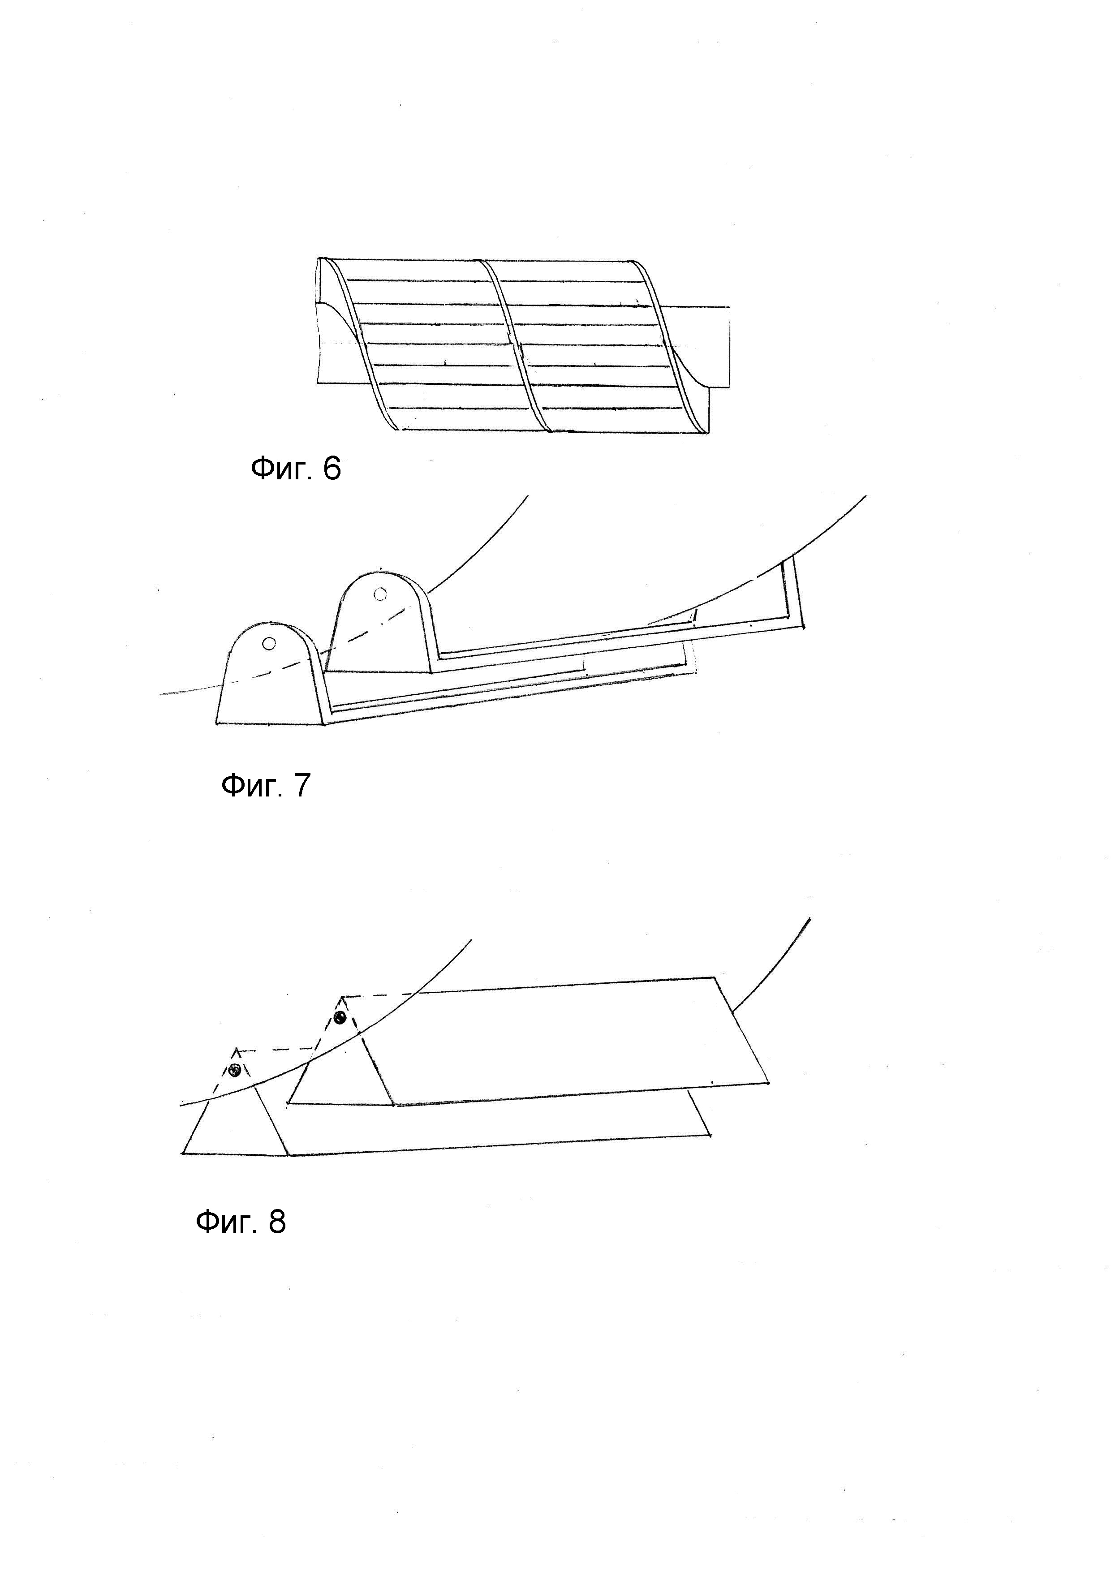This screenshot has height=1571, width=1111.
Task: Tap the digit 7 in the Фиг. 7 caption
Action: point(301,786)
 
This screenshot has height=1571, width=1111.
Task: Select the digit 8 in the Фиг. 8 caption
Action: point(276,1221)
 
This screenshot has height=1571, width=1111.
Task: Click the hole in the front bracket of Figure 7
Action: point(269,643)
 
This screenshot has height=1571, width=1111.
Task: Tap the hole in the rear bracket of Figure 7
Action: point(380,594)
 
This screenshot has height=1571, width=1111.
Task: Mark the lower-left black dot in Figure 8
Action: point(235,1071)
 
